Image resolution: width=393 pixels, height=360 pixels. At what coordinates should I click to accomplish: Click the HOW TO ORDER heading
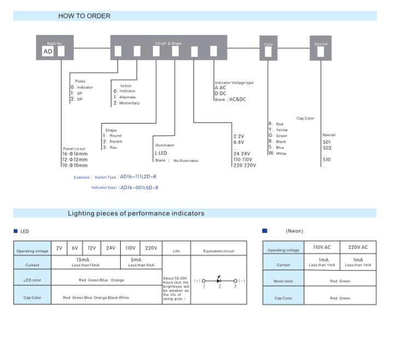tap(84, 16)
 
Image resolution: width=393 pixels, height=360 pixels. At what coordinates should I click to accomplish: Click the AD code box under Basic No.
tap(48, 52)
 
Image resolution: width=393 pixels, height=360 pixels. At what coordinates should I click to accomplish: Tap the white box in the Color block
tap(268, 52)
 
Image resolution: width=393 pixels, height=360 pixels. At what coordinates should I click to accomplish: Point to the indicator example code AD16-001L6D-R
tap(139, 188)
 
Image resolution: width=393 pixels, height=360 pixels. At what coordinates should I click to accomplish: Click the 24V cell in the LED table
tap(110, 248)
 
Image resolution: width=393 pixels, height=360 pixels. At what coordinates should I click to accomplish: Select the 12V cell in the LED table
tap(91, 248)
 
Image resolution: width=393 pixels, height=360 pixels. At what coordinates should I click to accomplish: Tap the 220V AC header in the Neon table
tap(358, 247)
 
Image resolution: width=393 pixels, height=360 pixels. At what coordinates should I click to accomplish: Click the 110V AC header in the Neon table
tap(321, 247)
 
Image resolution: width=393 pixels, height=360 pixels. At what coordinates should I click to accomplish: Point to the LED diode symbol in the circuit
tap(219, 280)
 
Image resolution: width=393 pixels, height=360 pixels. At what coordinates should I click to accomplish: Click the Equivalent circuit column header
tap(219, 251)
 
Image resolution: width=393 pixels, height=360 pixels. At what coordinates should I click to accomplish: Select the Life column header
tap(176, 251)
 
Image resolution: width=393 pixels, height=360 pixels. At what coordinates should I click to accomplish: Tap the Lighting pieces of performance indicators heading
tap(136, 213)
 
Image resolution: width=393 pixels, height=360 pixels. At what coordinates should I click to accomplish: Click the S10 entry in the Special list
tap(327, 160)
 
